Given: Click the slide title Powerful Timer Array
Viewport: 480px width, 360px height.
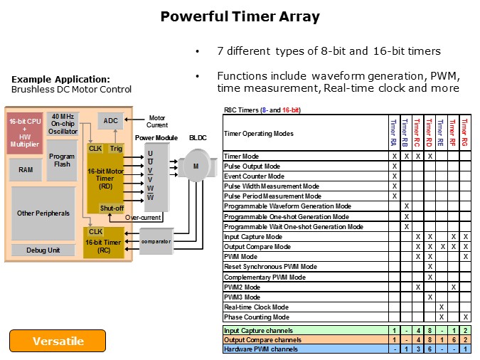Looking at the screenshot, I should [240, 16].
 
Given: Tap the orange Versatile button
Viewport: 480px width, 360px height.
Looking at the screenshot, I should [58, 341].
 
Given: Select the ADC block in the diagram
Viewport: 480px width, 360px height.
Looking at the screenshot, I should [111, 121].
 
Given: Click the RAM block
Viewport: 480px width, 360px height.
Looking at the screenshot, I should [25, 169].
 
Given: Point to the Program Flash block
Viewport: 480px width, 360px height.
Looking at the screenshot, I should [62, 161].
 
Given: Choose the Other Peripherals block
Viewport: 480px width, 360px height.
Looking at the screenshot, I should [43, 213].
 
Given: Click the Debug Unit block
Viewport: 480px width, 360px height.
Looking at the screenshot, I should [43, 250].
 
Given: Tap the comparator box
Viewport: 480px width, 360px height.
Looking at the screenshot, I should [155, 242].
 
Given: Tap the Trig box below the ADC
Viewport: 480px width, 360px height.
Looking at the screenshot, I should [116, 149].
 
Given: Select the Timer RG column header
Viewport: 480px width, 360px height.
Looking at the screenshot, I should [465, 133].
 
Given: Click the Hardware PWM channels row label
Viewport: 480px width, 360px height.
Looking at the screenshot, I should [260, 349].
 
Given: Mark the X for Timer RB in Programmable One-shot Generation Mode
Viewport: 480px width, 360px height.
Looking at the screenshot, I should [406, 216].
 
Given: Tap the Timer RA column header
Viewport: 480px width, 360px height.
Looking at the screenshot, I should [393, 133].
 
